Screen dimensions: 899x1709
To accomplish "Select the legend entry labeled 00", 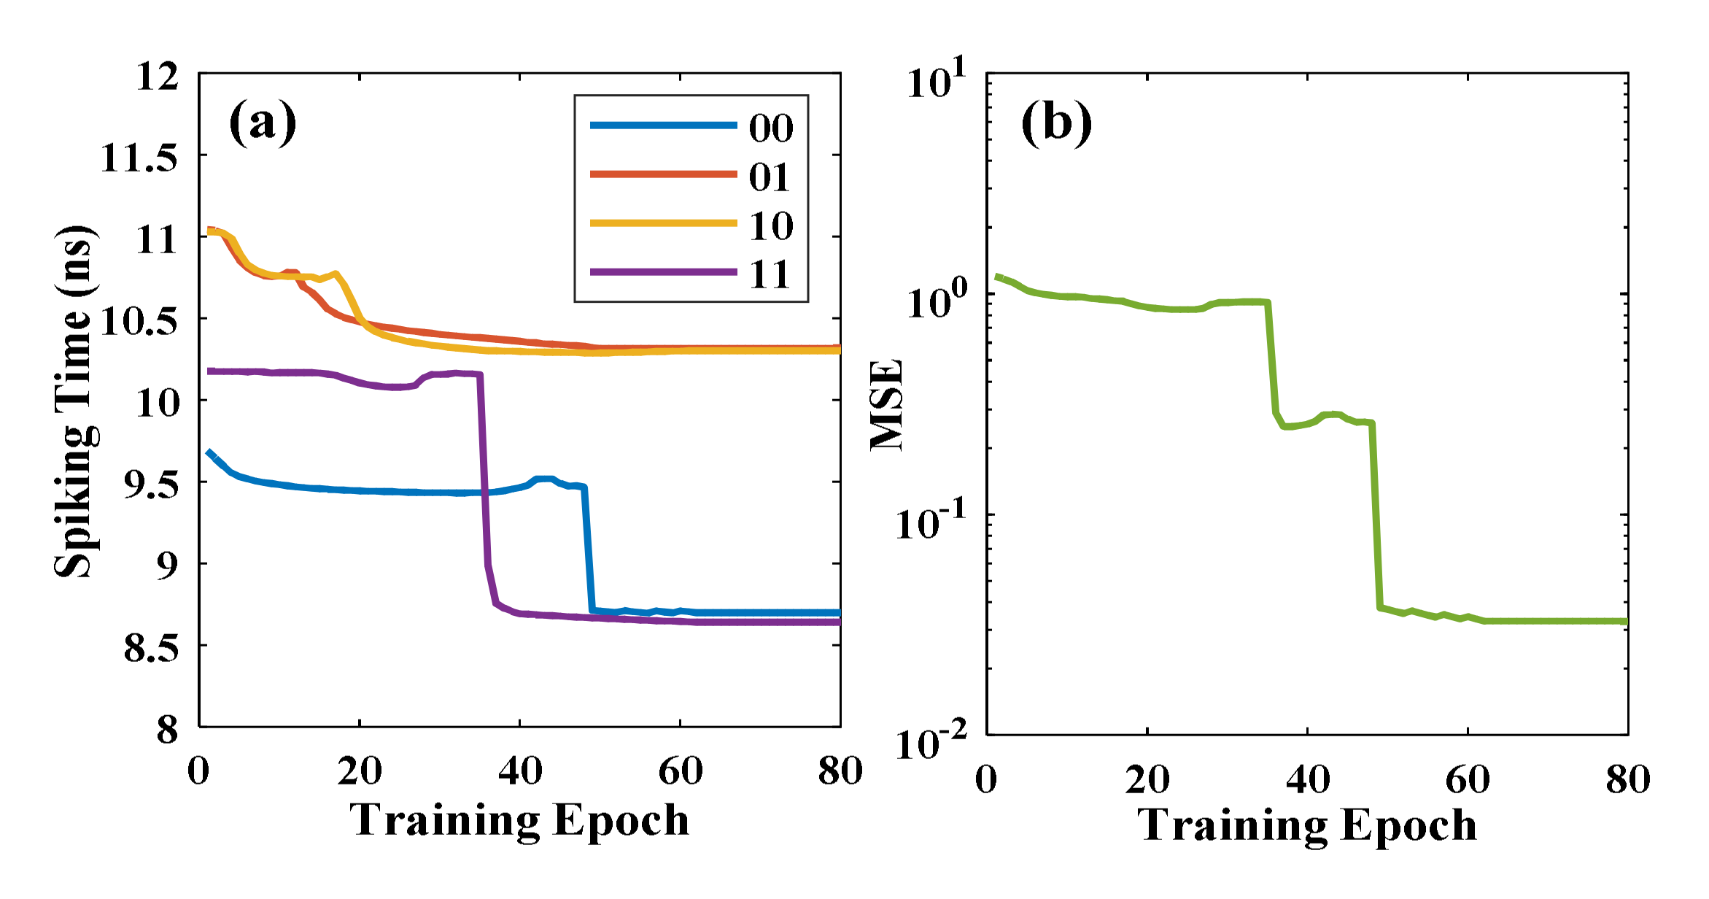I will pyautogui.click(x=770, y=128).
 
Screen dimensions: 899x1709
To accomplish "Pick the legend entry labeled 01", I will pyautogui.click(x=770, y=177).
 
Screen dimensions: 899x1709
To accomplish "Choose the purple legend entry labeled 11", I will pyautogui.click(x=770, y=275).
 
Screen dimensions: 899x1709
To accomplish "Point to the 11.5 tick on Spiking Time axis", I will pyautogui.click(x=139, y=157).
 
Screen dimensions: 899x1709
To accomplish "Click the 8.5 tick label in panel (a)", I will pyautogui.click(x=150, y=647).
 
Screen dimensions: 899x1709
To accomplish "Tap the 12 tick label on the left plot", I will pyautogui.click(x=157, y=76).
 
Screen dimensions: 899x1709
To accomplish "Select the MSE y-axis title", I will pyautogui.click(x=887, y=405).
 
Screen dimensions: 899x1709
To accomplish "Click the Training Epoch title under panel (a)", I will pyautogui.click(x=519, y=819).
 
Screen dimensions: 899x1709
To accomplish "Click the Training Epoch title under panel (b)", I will pyautogui.click(x=1307, y=825).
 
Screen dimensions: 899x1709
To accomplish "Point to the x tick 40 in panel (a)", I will pyautogui.click(x=519, y=771).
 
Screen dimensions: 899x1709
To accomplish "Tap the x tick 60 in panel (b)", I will pyautogui.click(x=1467, y=779).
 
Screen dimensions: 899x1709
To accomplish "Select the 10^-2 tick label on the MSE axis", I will pyautogui.click(x=930, y=742).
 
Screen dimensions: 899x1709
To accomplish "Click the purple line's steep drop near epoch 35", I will pyautogui.click(x=484, y=474).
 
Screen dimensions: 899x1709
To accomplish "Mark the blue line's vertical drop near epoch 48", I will pyautogui.click(x=588, y=547).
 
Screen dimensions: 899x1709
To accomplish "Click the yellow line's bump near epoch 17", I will pyautogui.click(x=336, y=274).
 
